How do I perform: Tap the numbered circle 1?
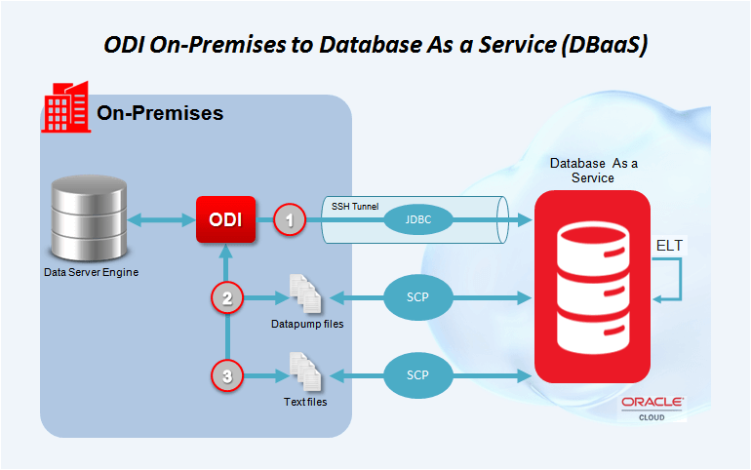click(x=288, y=219)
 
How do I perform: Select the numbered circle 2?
click(x=227, y=298)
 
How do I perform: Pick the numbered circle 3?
click(x=227, y=374)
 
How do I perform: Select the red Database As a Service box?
click(x=592, y=285)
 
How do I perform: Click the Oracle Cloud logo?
click(x=652, y=408)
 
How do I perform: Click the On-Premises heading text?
click(x=160, y=113)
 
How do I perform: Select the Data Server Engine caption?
click(x=91, y=272)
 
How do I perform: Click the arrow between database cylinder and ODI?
click(x=164, y=219)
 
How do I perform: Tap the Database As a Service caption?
click(x=593, y=171)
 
